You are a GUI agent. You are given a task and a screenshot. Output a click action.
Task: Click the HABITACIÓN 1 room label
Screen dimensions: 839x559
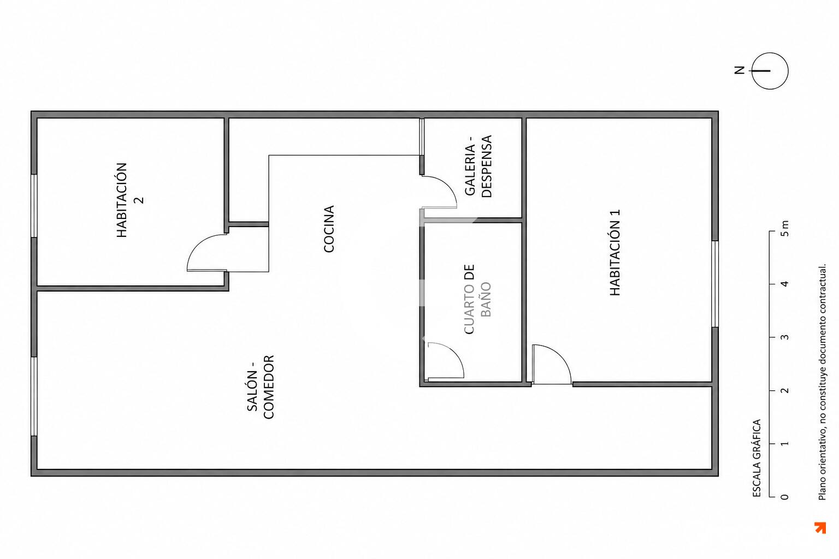[615, 252]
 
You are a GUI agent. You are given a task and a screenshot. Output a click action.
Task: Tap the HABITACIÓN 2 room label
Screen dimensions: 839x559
[130, 200]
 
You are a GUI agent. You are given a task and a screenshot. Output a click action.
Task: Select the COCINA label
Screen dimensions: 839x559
[328, 229]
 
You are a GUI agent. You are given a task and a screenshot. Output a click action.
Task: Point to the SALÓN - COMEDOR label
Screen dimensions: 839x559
[261, 387]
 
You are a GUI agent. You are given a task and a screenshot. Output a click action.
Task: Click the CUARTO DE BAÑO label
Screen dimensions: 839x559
[477, 299]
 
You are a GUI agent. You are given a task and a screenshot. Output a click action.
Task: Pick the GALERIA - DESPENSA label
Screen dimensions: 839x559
[478, 166]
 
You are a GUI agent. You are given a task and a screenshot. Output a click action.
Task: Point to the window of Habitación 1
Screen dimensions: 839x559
[714, 284]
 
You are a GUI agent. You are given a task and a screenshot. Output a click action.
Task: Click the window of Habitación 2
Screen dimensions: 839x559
[34, 206]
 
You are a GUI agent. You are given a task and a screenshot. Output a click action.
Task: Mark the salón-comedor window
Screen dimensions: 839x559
[34, 396]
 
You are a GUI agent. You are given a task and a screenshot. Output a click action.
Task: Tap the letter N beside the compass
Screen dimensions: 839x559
[740, 70]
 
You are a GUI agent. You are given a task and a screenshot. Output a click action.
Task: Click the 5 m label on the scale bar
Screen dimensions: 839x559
[785, 228]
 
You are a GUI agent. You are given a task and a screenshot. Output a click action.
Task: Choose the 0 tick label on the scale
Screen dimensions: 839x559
[785, 497]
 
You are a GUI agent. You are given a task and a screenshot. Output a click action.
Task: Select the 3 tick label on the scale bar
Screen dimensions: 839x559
[785, 337]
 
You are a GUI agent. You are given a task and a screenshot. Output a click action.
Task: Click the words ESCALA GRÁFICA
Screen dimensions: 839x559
[757, 459]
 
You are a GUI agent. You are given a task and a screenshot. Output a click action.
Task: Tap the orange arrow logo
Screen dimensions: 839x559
[820, 527]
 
